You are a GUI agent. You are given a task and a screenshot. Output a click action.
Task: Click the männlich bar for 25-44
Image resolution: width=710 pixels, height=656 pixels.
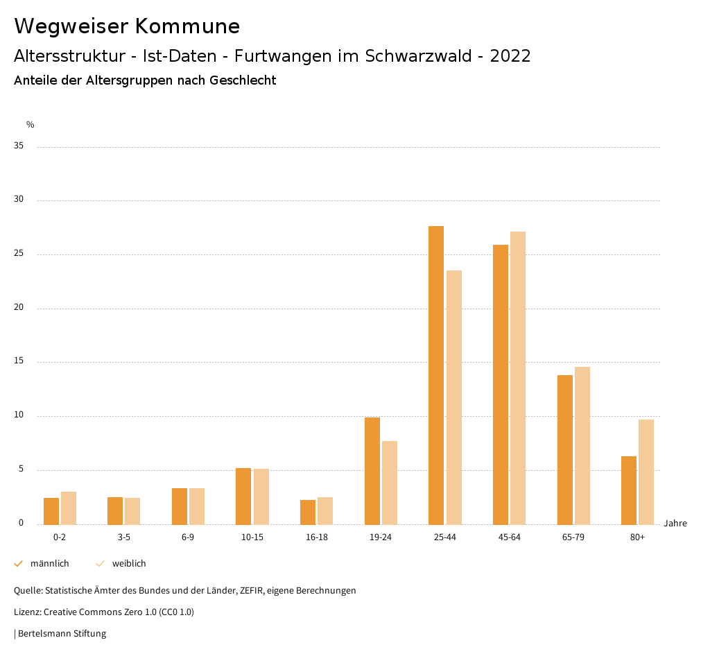pyautogui.click(x=436, y=375)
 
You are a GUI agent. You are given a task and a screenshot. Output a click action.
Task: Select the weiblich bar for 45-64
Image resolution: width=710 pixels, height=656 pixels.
pyautogui.click(x=518, y=378)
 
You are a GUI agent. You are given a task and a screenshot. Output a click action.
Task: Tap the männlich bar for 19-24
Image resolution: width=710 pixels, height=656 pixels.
pyautogui.click(x=372, y=471)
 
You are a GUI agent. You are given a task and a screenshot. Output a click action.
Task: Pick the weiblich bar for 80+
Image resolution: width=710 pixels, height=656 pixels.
pyautogui.click(x=646, y=472)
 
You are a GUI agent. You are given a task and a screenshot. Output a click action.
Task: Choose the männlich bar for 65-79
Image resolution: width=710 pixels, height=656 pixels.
pyautogui.click(x=565, y=449)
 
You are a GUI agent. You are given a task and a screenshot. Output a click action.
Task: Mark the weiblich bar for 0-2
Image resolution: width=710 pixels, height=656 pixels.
pyautogui.click(x=69, y=508)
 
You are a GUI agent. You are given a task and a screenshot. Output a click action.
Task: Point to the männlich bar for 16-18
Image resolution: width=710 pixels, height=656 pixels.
pyautogui.click(x=308, y=512)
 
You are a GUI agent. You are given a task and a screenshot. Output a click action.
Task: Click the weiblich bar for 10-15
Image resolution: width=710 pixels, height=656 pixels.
pyautogui.click(x=261, y=497)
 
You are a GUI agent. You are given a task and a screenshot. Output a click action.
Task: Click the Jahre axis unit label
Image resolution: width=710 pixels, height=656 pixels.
pyautogui.click(x=675, y=524)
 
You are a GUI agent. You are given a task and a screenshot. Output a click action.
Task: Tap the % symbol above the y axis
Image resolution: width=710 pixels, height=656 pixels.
pyautogui.click(x=31, y=125)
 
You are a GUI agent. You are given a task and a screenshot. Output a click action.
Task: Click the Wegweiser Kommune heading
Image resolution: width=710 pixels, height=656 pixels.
pyautogui.click(x=127, y=26)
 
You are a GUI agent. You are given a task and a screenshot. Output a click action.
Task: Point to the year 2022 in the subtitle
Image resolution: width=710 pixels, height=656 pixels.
pyautogui.click(x=510, y=56)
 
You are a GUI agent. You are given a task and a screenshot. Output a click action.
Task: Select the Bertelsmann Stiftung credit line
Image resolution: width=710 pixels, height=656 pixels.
pyautogui.click(x=61, y=634)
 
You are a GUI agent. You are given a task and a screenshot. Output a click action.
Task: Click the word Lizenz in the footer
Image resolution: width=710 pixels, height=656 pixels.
pyautogui.click(x=27, y=612)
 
